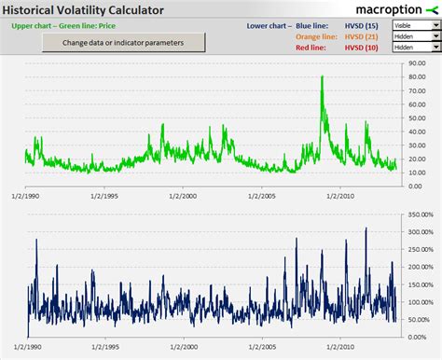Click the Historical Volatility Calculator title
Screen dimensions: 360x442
83,10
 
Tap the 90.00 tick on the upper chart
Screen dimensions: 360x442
417,62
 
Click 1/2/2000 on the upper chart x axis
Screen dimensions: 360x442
185,197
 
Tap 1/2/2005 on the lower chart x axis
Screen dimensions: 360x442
264,346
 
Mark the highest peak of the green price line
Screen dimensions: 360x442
322,76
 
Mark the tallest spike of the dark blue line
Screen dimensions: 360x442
366,228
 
